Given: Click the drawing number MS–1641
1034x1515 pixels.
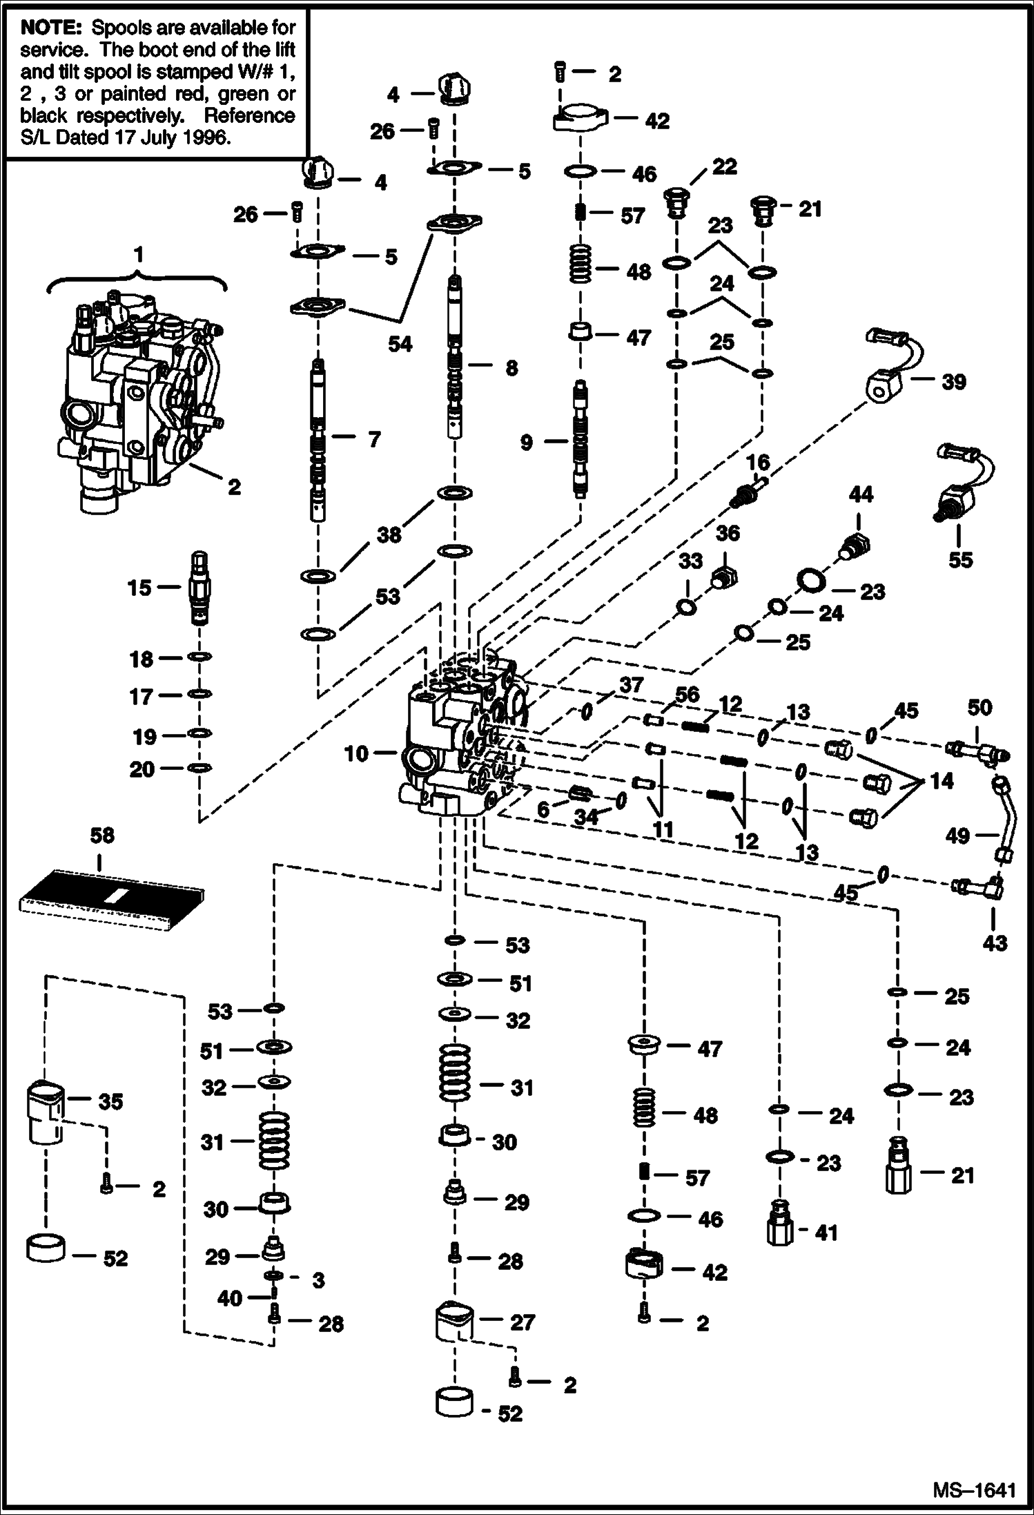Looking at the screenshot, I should click(x=974, y=1489).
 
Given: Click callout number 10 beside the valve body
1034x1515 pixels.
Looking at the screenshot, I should click(x=356, y=753).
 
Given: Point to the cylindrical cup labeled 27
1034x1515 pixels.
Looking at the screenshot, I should click(x=454, y=1322).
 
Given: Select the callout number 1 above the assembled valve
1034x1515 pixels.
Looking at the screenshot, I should click(x=139, y=255).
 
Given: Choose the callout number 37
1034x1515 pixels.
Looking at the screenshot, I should click(x=631, y=685).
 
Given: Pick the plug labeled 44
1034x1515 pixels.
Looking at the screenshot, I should click(x=855, y=545).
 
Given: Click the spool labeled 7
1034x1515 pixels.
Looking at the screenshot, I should click(x=318, y=442).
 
